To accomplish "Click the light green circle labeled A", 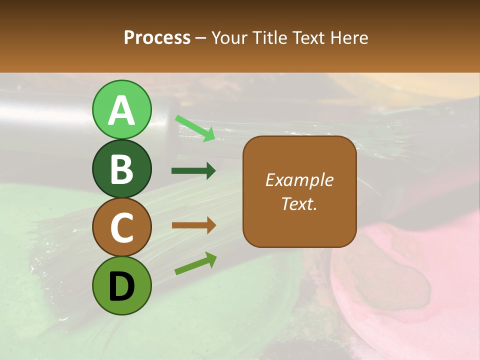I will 121,110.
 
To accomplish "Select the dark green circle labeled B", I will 121,169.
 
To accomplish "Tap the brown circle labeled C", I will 121,227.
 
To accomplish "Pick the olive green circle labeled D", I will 121,286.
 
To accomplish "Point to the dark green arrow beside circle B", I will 193,171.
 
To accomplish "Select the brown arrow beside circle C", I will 193,225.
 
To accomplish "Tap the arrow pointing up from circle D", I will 195,263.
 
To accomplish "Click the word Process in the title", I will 157,37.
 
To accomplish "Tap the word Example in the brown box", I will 299,180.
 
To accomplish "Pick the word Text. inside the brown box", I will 299,203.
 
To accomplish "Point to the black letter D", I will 121,287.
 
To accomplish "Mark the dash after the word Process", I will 201,38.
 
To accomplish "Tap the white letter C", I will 121,228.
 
